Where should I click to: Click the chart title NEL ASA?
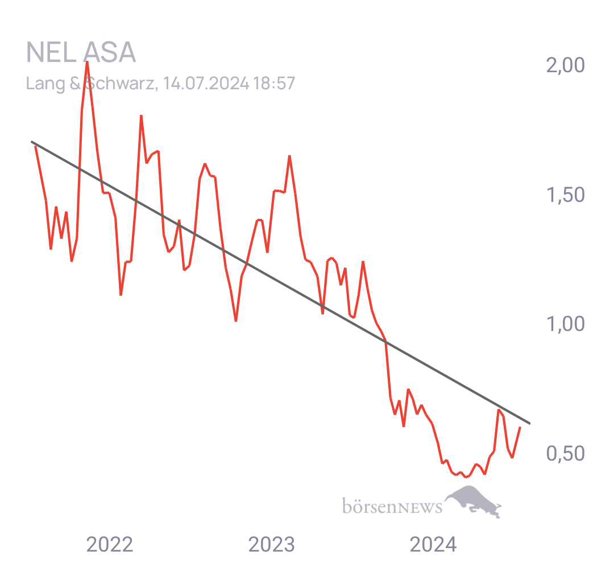coord(81,52)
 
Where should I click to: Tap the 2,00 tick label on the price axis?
coord(566,65)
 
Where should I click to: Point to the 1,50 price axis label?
coord(566,194)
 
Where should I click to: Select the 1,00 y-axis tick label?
coord(566,324)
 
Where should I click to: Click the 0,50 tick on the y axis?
coord(566,453)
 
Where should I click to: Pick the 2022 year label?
coord(110,544)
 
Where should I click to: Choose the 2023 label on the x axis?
coord(272,544)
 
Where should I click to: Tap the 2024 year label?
coord(433,544)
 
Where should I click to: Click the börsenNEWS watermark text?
coord(392,506)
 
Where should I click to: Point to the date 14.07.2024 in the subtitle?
coord(206,84)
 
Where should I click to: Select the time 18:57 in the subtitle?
coord(274,84)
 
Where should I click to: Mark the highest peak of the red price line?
coord(87,62)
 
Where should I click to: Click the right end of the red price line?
coord(520,427)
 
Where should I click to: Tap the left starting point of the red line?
coord(35,146)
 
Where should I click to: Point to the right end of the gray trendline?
coord(530,423)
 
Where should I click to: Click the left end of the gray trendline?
coord(31,142)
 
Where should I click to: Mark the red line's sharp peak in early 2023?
coord(290,156)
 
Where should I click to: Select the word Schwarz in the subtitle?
coord(120,84)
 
